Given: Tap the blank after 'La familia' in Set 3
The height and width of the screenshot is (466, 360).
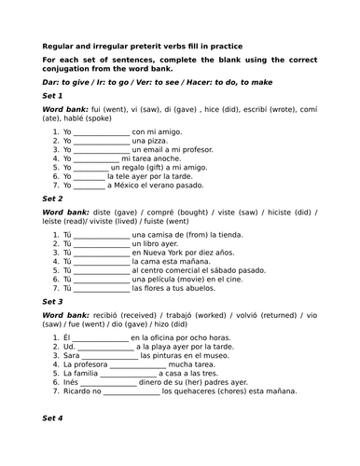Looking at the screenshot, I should point(131,371).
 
